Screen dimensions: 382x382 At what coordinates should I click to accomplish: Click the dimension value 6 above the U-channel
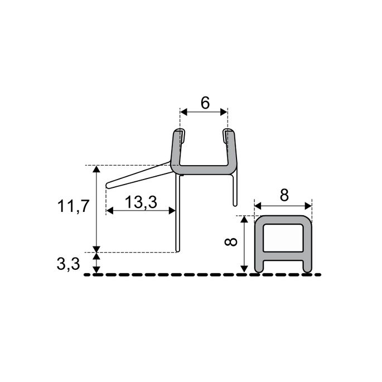204,103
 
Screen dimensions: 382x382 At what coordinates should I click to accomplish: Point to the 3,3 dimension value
68,264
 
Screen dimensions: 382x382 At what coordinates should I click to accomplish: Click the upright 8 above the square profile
284,195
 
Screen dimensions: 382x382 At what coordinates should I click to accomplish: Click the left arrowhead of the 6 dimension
183,113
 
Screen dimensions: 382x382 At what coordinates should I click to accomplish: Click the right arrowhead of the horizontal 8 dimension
308,204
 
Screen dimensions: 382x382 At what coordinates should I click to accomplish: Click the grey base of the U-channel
204,168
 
